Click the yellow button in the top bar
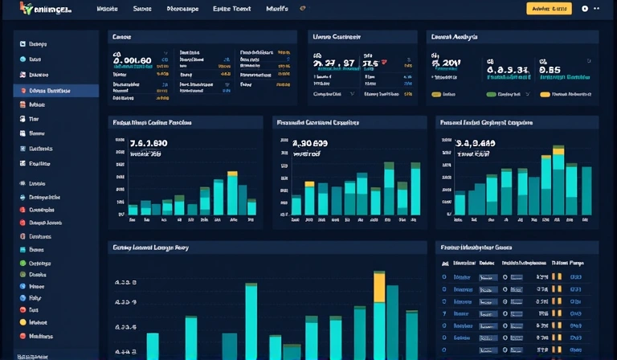point(549,9)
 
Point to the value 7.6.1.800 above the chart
point(148,143)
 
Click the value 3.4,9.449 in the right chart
point(476,143)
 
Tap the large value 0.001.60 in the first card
point(133,60)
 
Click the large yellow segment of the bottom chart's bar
point(379,287)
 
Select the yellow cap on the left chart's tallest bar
point(232,174)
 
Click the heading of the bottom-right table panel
point(476,248)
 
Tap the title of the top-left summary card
point(122,37)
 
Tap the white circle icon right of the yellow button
point(585,9)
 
